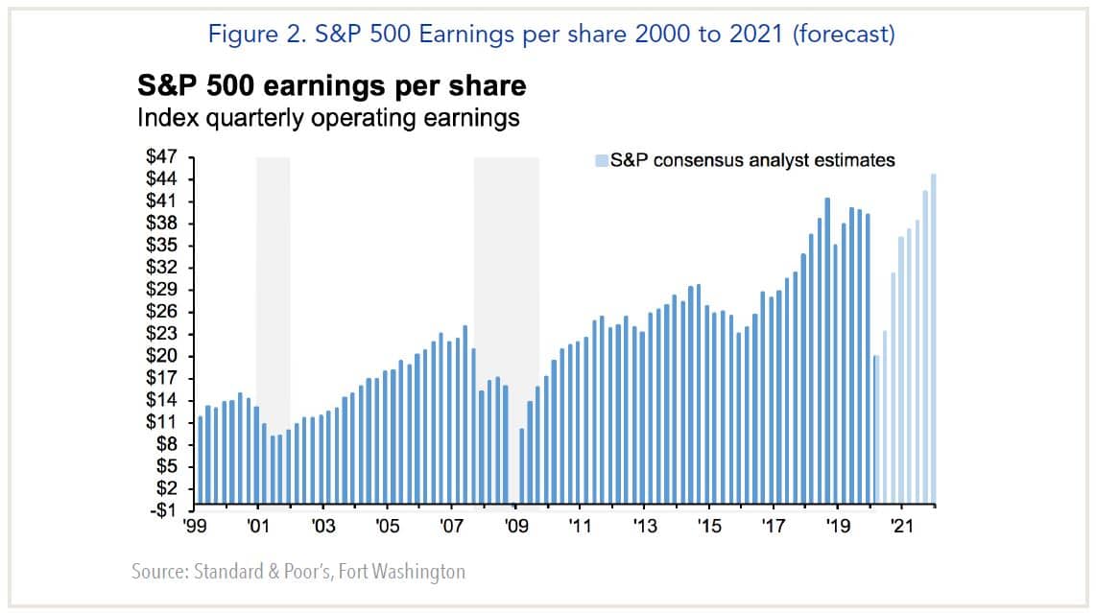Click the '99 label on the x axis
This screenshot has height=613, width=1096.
pos(194,526)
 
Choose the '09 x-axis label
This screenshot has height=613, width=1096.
pos(515,526)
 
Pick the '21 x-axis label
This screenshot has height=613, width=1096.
pos(901,526)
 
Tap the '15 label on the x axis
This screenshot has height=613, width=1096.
pos(708,526)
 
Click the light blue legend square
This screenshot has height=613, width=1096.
pos(601,160)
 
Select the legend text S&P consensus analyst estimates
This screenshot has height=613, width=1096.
pos(752,160)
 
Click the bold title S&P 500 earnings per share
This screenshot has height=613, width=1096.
pos(331,86)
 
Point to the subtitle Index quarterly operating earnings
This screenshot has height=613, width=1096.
pos(328,118)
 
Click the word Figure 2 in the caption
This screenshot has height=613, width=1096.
pos(243,35)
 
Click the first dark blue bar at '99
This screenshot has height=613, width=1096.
pos(200,460)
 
